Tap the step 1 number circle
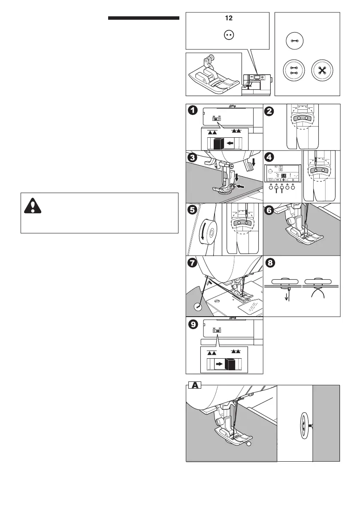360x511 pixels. coord(194,111)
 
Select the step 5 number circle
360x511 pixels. coord(194,210)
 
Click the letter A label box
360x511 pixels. coord(195,385)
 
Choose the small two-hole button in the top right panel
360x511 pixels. coord(294,41)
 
